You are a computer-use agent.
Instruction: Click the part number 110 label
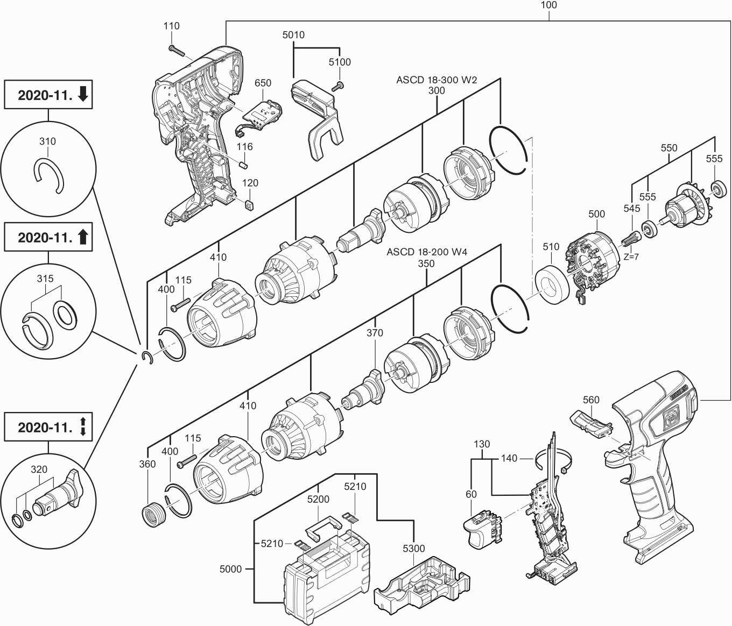point(172,26)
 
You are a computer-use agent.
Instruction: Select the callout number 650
point(262,83)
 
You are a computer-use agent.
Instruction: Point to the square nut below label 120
point(249,205)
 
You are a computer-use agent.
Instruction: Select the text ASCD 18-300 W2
point(437,80)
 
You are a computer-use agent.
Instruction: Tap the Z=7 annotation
point(631,257)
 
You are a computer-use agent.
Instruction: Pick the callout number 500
point(596,214)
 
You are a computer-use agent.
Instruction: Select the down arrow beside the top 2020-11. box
point(83,95)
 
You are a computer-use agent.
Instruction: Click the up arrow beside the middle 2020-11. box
point(83,237)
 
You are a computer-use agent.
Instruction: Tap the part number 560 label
point(590,400)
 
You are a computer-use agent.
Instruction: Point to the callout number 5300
point(413,549)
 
